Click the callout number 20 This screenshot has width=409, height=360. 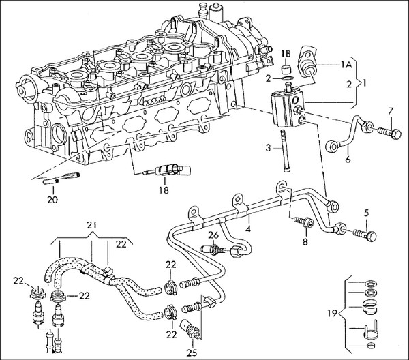point(52,200)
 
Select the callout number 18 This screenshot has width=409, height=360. point(164,192)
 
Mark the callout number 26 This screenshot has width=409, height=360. point(212,235)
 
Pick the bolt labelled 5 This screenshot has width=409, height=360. point(365,235)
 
